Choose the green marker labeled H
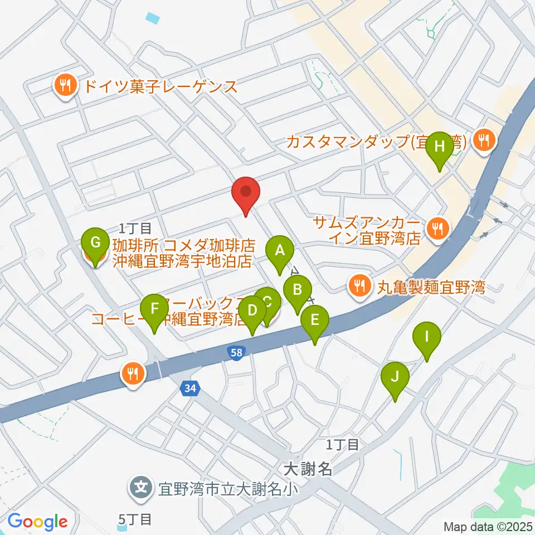pyautogui.click(x=440, y=148)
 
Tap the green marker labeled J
pyautogui.click(x=395, y=377)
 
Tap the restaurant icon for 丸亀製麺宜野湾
pyautogui.click(x=358, y=286)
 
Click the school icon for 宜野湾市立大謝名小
pyautogui.click(x=139, y=489)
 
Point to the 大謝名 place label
pyautogui.click(x=307, y=469)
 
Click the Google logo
pyautogui.click(x=37, y=522)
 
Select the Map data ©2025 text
pyautogui.click(x=488, y=526)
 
